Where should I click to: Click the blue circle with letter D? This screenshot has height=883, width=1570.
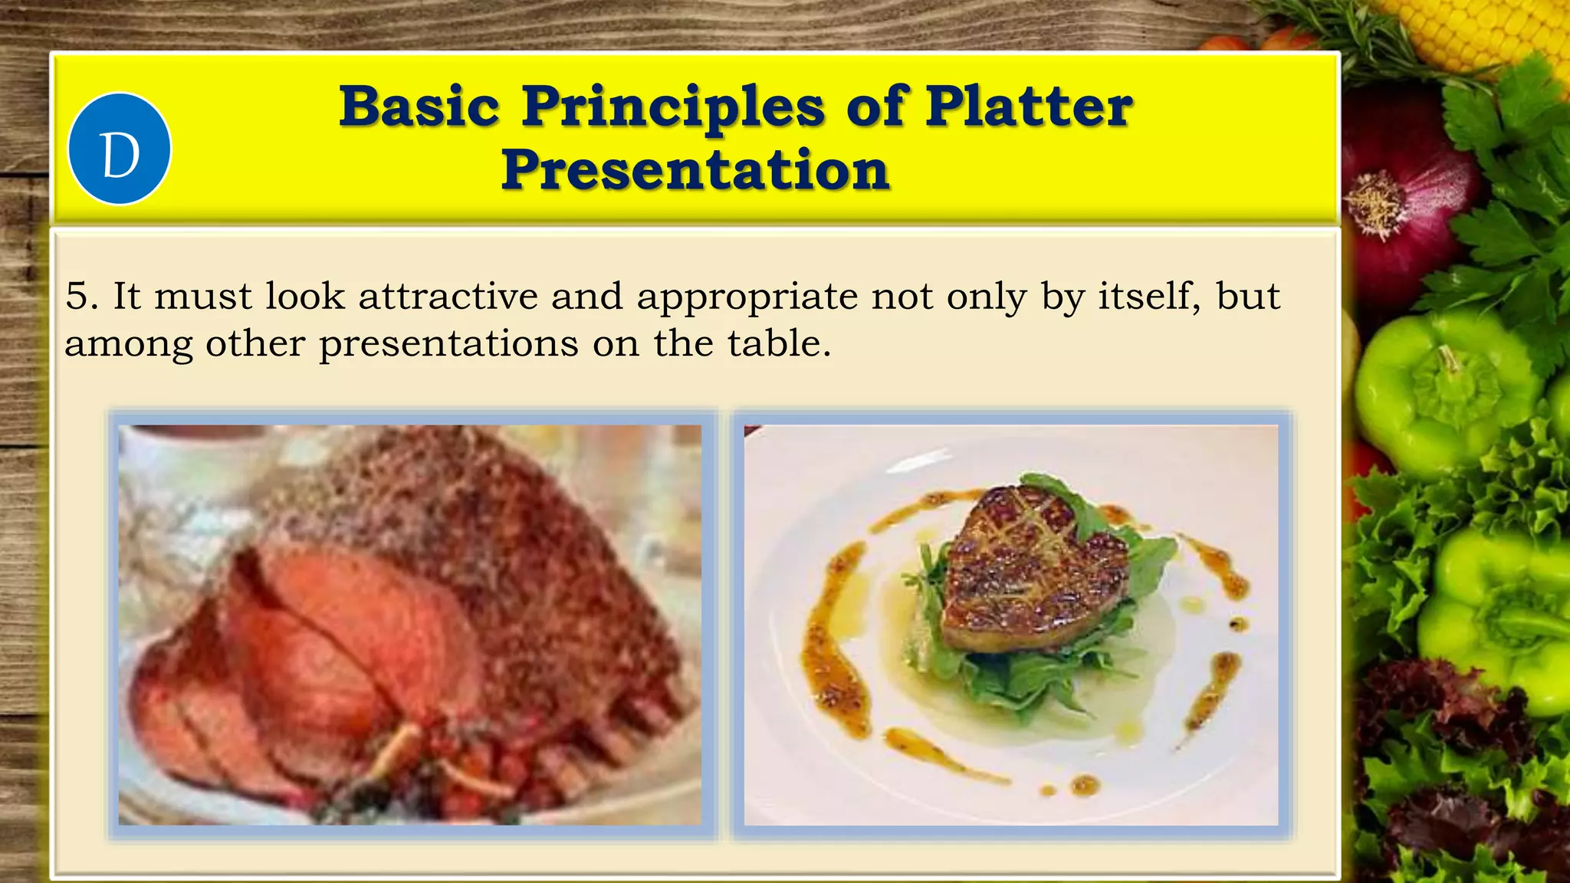[x=120, y=149]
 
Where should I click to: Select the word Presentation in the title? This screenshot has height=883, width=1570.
[x=695, y=169]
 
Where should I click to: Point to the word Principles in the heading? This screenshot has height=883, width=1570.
[x=674, y=107]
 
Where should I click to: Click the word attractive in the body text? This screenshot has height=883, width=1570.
[x=448, y=296]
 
